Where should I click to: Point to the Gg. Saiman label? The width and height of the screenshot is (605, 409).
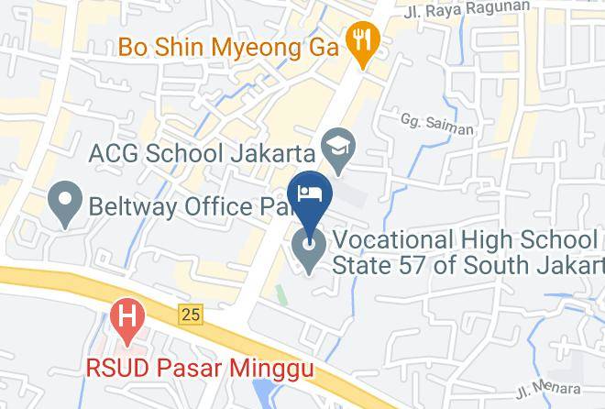click(436, 124)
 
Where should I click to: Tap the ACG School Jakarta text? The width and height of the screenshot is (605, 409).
click(203, 152)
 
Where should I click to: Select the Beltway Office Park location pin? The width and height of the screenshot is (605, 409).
click(64, 204)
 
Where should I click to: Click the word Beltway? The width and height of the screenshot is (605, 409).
click(124, 204)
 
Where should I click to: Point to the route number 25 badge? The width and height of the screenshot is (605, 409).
click(190, 315)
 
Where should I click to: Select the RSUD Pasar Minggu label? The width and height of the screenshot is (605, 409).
click(199, 369)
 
